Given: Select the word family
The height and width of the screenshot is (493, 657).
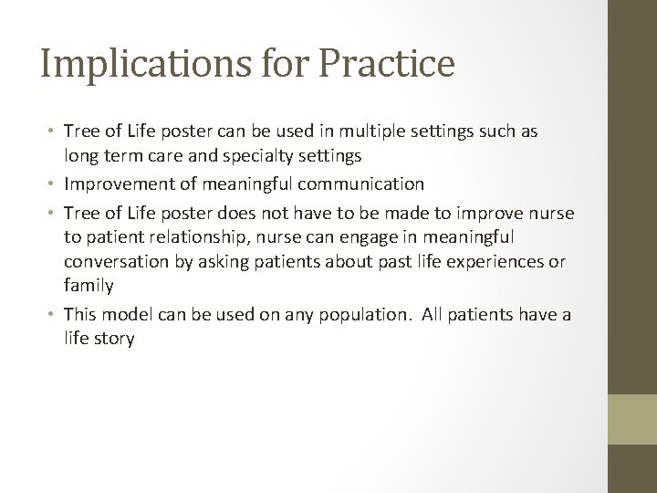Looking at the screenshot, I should click(89, 286).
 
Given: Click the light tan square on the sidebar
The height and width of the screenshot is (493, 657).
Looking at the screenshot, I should click(632, 420).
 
